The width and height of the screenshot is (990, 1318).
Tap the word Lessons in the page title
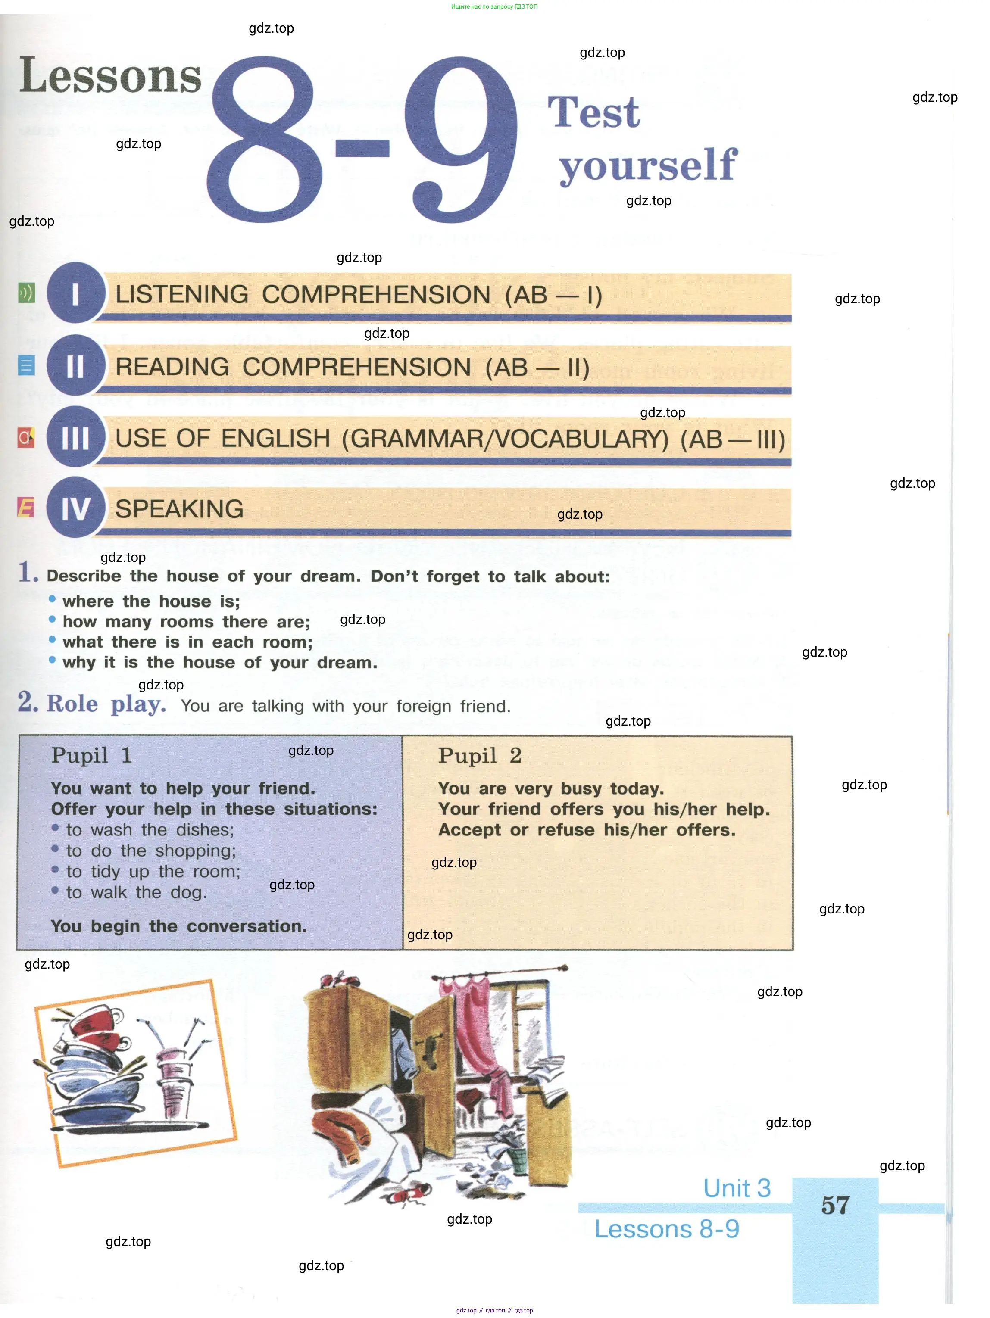pyautogui.click(x=111, y=76)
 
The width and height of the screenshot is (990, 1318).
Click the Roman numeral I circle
pyautogui.click(x=76, y=293)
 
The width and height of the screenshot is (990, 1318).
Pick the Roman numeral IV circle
pyautogui.click(x=76, y=508)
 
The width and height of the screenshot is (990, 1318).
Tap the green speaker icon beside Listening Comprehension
pyautogui.click(x=26, y=293)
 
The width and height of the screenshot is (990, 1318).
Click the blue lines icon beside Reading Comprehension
pyautogui.click(x=26, y=365)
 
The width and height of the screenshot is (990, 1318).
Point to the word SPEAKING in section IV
pyautogui.click(x=179, y=509)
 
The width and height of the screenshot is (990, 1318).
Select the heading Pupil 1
pyautogui.click(x=91, y=756)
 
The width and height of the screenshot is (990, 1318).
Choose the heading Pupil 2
pyautogui.click(x=480, y=756)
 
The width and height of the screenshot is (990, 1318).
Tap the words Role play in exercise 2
pyautogui.click(x=106, y=704)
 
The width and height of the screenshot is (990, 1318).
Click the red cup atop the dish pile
pyautogui.click(x=95, y=1022)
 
